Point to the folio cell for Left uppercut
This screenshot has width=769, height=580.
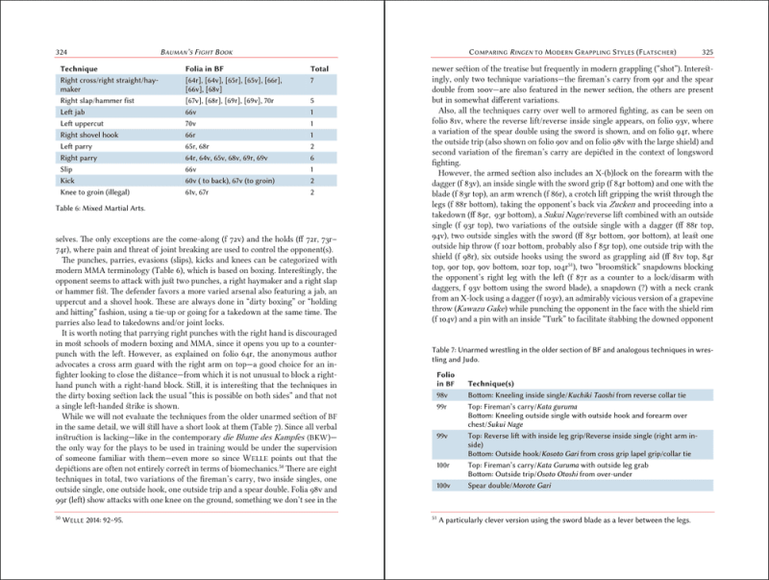click(191, 123)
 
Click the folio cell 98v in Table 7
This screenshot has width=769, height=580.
click(442, 395)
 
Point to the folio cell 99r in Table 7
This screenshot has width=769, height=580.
click(442, 408)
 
